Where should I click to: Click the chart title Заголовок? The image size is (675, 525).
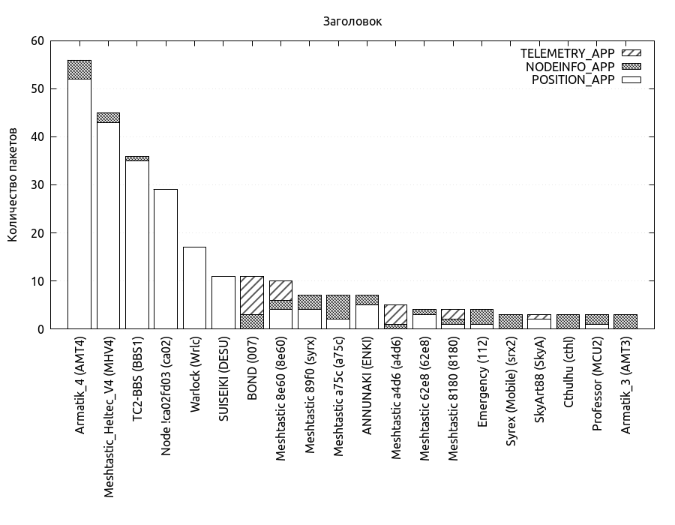pyautogui.click(x=352, y=21)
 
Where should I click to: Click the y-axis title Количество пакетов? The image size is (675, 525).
pyautogui.click(x=13, y=184)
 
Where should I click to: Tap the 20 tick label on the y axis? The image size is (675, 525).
pyautogui.click(x=37, y=232)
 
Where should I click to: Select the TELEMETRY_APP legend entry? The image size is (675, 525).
pyautogui.click(x=568, y=54)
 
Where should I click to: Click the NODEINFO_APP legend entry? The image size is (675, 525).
pyautogui.click(x=571, y=67)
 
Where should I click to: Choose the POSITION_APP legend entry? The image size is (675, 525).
pyautogui.click(x=574, y=79)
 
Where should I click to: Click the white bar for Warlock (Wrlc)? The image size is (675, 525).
pyautogui.click(x=194, y=288)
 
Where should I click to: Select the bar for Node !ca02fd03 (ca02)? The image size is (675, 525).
pyautogui.click(x=166, y=259)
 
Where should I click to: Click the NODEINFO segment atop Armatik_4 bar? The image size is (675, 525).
pyautogui.click(x=79, y=69)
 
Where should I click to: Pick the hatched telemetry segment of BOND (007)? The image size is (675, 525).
pyautogui.click(x=252, y=295)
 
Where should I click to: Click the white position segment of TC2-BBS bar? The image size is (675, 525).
pyautogui.click(x=136, y=244)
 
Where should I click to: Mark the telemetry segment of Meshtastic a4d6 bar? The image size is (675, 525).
pyautogui.click(x=395, y=314)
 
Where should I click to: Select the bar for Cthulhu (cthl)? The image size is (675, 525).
pyautogui.click(x=568, y=322)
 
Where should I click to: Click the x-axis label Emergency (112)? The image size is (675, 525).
pyautogui.click(x=482, y=383)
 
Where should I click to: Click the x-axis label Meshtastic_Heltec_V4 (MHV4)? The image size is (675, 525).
pyautogui.click(x=109, y=417)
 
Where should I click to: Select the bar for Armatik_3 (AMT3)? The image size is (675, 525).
pyautogui.click(x=625, y=322)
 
